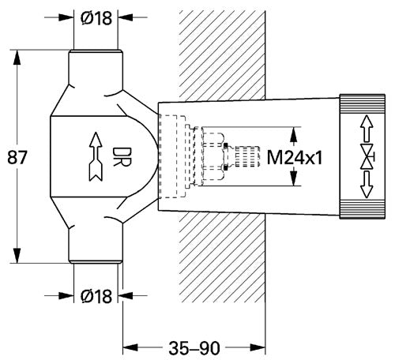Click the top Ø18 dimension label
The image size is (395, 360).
96,18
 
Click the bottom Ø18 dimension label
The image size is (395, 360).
96,296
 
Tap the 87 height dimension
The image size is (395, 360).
17,157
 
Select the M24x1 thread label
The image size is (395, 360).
295,158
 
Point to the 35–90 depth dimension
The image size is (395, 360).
194,348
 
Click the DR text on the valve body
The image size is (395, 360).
122,157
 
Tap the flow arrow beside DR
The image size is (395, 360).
96,157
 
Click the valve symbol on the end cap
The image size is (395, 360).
367,156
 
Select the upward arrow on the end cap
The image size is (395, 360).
367,129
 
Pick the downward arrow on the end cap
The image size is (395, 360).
367,184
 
